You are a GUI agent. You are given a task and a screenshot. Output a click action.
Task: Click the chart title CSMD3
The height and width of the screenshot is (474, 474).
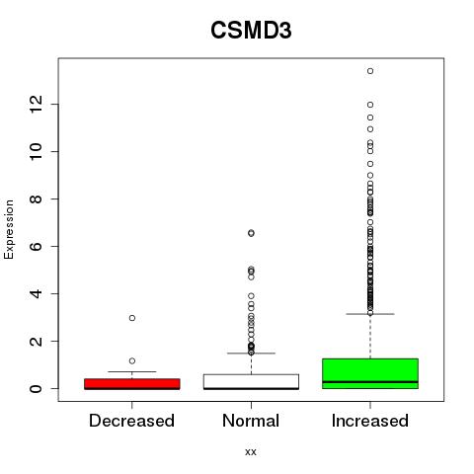[251, 31]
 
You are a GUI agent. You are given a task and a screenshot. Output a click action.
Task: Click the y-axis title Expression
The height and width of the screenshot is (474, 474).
[9, 229]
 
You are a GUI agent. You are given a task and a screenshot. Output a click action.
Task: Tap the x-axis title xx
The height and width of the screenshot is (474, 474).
[251, 451]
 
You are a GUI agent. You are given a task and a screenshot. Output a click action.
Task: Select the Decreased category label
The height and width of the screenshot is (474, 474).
[131, 421]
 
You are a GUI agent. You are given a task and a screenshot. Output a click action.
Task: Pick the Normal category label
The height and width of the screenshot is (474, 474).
[251, 421]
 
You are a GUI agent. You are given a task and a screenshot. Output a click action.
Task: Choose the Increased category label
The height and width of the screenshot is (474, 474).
[370, 421]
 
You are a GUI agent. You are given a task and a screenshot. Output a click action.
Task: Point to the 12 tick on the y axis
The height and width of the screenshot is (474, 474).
[37, 105]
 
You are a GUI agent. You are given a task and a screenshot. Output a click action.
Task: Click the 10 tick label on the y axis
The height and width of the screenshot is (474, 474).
[37, 151]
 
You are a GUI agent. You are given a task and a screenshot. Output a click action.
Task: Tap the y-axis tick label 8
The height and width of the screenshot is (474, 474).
[37, 198]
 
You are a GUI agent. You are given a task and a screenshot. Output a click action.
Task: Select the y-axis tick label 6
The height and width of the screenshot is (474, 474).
[37, 246]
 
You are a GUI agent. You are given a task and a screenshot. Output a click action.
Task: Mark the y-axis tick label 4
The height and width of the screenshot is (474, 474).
[37, 293]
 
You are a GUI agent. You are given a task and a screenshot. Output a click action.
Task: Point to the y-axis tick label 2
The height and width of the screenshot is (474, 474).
[37, 341]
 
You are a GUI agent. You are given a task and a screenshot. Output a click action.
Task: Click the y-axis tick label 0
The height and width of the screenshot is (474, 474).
[37, 388]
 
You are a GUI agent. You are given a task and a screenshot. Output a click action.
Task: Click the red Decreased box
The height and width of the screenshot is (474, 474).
[132, 384]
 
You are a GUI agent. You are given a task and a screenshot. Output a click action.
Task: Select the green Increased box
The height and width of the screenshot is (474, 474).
[370, 373]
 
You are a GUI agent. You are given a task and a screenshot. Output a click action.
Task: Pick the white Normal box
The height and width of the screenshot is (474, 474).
[251, 382]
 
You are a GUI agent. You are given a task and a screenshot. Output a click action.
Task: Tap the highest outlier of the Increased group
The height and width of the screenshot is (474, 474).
[370, 71]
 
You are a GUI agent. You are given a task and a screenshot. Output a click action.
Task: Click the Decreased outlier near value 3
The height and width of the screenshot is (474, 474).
[132, 318]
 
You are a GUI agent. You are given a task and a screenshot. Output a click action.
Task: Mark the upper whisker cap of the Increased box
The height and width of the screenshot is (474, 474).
[370, 314]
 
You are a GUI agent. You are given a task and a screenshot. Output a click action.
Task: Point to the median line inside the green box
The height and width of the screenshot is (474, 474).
[370, 382]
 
